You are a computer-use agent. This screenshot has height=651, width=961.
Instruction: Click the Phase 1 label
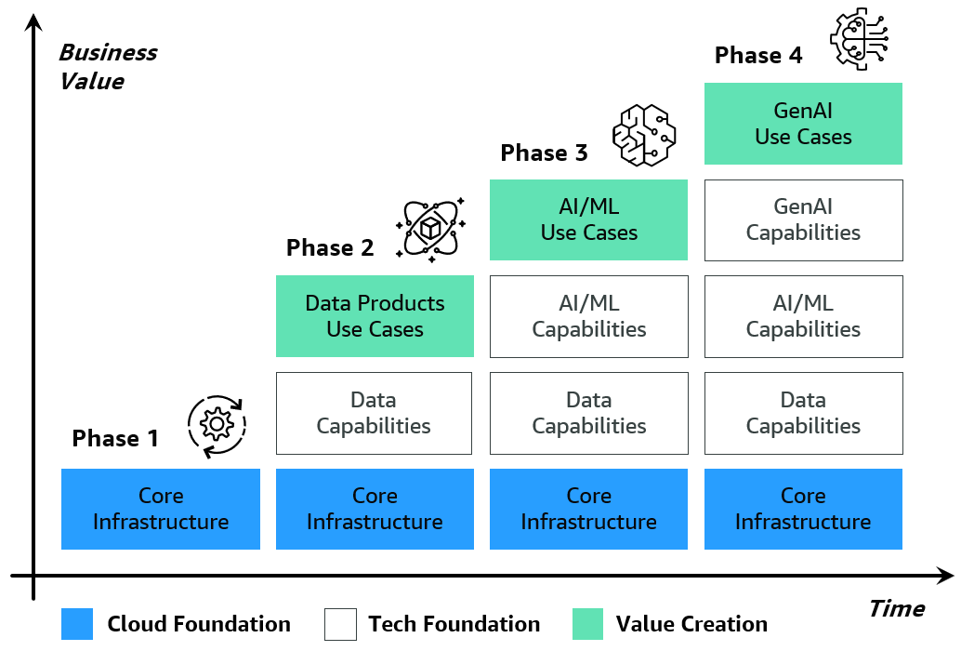pos(115,438)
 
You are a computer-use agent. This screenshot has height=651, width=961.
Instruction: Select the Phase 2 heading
pos(330,247)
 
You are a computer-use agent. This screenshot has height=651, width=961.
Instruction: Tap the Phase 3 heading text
pos(544,153)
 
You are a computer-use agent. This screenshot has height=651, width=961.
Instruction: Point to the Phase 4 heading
pos(758,56)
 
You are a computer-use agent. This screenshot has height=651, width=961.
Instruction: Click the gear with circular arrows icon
pos(217,424)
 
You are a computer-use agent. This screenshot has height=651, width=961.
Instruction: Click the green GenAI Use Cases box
pos(803,124)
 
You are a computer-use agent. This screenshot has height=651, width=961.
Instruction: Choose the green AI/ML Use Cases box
pos(588,219)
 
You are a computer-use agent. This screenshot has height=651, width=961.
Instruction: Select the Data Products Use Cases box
pos(375,316)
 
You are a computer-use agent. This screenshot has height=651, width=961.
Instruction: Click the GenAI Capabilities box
pos(803,219)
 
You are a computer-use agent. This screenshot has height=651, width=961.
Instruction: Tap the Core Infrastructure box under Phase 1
pos(160,509)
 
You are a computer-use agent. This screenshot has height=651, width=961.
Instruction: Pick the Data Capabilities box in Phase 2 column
pos(375,413)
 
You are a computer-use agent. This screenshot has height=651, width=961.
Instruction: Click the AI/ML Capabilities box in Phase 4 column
pos(803,316)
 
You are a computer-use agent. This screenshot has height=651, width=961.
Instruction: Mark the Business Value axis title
pos(107,66)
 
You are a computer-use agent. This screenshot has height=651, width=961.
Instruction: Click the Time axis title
pos(896,609)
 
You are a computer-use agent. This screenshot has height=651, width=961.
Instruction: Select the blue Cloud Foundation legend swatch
pos(77,624)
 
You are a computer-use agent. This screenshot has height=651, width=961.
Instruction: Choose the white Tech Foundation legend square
pos(340,624)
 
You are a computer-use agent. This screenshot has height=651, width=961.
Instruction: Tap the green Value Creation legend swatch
pos(587,624)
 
